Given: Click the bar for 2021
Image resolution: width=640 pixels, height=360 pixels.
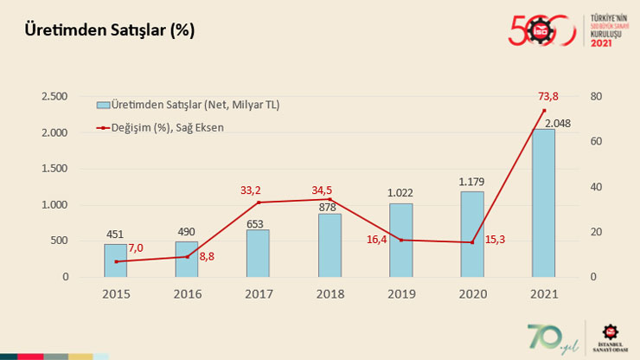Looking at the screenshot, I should click(543, 203).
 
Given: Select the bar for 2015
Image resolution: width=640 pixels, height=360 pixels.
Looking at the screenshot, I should click(116, 260).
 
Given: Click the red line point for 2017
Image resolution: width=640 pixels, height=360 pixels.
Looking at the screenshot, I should click(259, 202).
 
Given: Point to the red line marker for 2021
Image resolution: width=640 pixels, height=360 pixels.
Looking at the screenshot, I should click(544, 111).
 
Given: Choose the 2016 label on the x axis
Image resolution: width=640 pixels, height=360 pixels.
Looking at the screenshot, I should click(188, 294).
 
